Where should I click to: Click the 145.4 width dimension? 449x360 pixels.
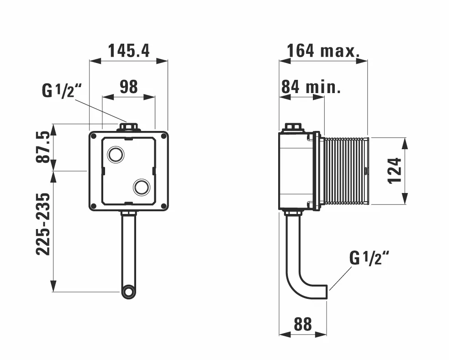tap(128, 51)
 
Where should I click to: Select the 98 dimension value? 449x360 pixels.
tap(128, 87)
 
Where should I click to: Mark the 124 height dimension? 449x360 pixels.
tap(394, 170)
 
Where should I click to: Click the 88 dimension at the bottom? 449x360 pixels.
tap(302, 324)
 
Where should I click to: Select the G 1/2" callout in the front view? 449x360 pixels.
tap(61, 90)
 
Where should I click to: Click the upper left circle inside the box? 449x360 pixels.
tap(115, 155)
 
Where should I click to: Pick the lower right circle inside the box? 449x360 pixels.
tap(142, 187)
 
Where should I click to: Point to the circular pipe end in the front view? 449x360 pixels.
tap(129, 292)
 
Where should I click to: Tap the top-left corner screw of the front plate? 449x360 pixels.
tap(94, 136)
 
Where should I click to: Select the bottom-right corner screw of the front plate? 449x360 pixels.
tap(164, 206)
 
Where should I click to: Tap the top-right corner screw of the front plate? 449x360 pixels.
tap(164, 136)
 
